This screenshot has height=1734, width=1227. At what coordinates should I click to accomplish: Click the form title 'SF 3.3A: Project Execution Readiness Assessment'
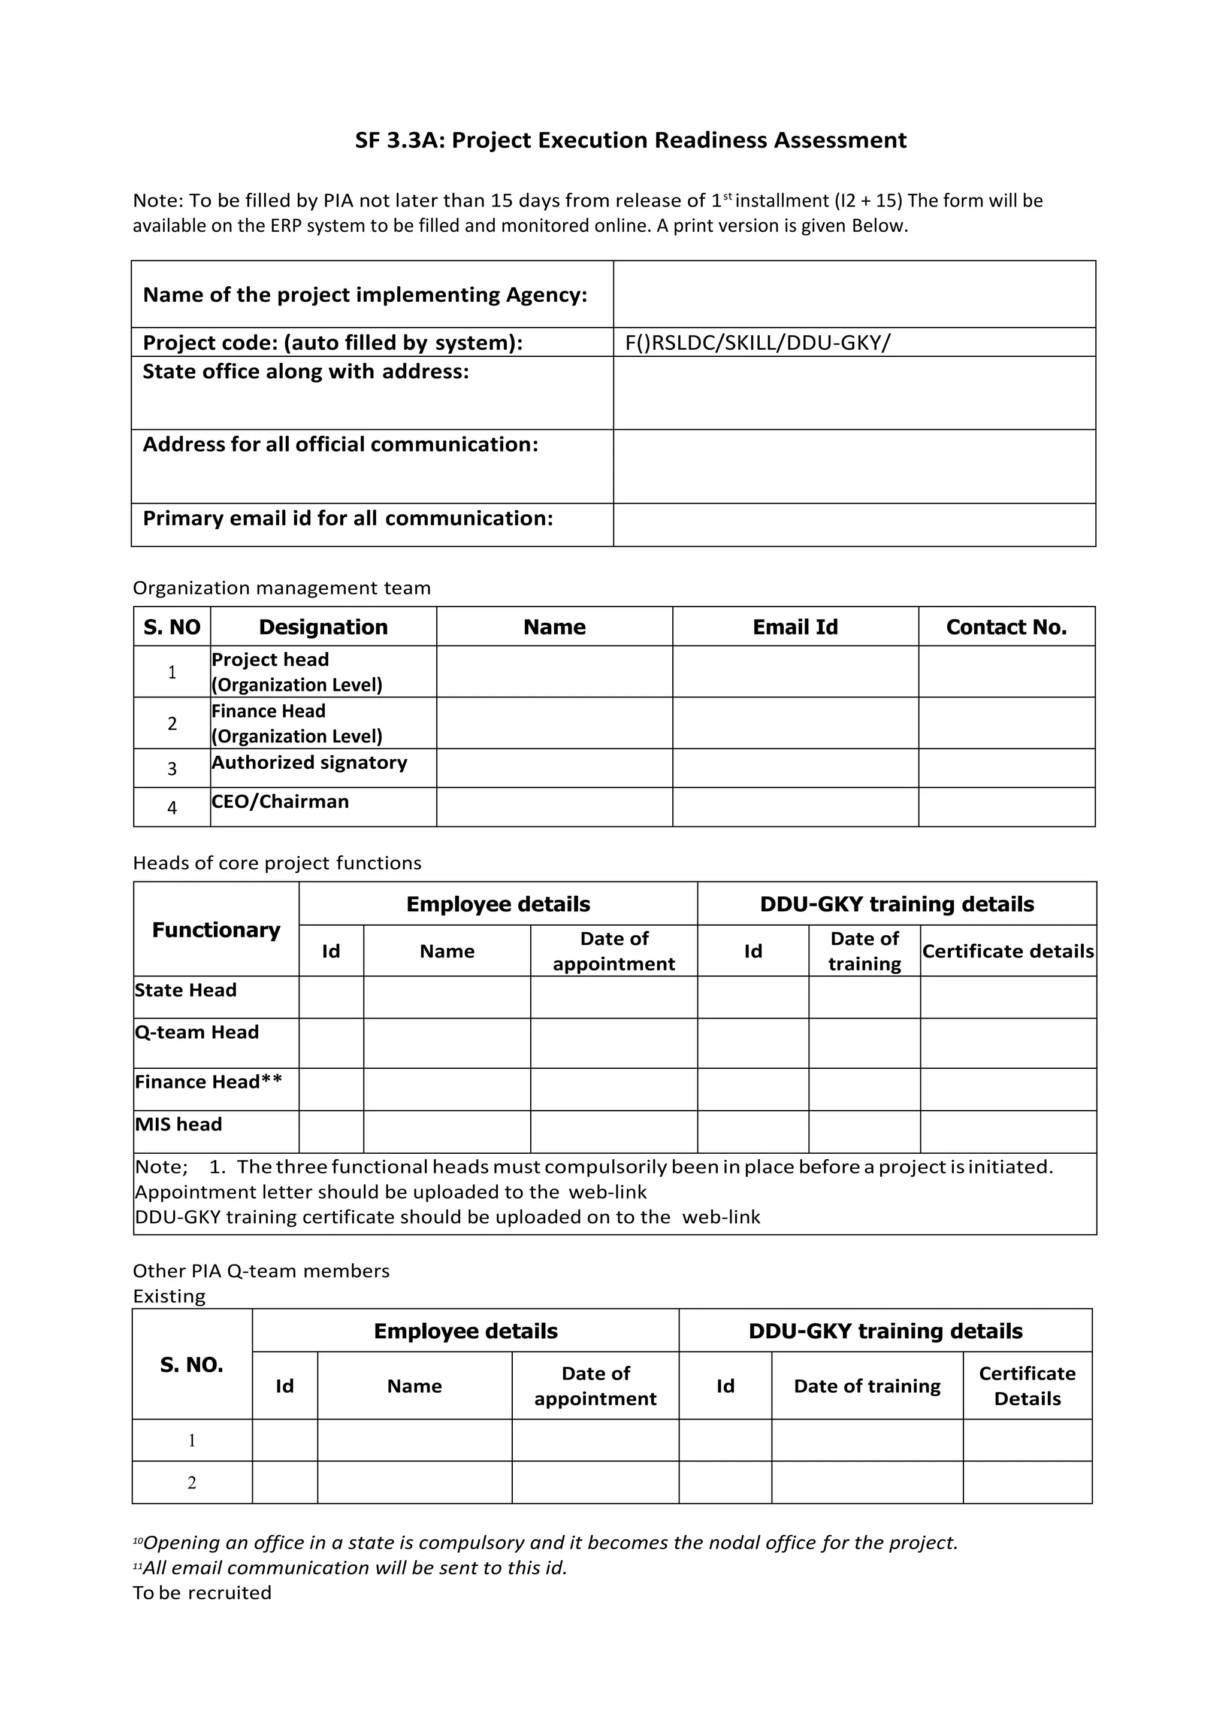[630, 141]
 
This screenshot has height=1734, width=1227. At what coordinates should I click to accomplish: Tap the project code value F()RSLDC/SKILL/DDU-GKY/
[757, 343]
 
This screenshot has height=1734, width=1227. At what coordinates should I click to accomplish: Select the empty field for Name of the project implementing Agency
[854, 295]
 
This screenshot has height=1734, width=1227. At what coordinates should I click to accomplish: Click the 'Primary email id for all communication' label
[347, 518]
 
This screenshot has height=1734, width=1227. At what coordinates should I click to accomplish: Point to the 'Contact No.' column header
[1006, 627]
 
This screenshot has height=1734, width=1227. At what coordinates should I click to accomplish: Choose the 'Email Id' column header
[795, 627]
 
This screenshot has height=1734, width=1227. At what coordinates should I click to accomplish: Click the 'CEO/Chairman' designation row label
[280, 801]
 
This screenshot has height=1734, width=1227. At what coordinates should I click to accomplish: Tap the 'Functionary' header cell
[216, 930]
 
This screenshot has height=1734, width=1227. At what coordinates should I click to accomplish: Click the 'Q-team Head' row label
[197, 1032]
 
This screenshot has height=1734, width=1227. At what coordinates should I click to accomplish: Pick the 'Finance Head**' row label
[208, 1082]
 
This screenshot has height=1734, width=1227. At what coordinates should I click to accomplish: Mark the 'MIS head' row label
[179, 1124]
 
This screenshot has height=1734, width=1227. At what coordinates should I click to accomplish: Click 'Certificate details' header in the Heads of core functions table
[1007, 951]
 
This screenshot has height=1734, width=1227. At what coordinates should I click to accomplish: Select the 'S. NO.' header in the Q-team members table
[192, 1365]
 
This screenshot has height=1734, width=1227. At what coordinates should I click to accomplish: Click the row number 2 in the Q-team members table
[192, 1483]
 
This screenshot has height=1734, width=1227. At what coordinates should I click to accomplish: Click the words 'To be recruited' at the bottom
[202, 1593]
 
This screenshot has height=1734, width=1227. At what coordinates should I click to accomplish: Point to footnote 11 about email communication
[350, 1568]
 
